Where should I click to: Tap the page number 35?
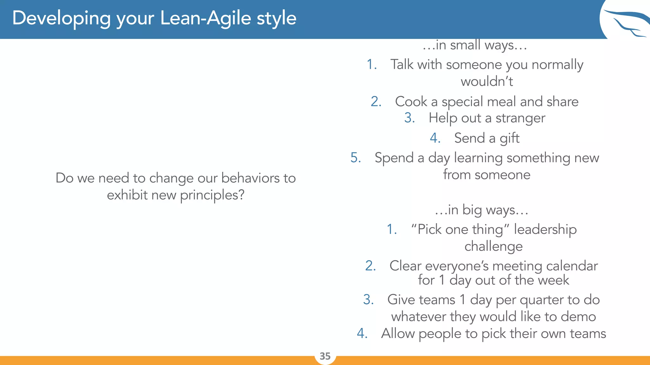pos(325,356)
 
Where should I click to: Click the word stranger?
pos(520,118)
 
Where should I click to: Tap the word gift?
pos(509,138)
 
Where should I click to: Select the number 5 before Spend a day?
pos(355,158)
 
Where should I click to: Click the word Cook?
pos(411,102)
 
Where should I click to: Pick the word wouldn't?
pos(487,82)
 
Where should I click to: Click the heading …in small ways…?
pos(474,45)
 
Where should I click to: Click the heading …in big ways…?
pos(481,210)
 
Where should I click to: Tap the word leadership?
pos(545,229)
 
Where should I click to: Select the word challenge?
pos(494,247)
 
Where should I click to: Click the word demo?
pos(578,317)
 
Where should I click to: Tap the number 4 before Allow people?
pos(362,333)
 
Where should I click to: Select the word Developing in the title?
pos(62,18)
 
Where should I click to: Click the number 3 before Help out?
pos(409,118)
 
